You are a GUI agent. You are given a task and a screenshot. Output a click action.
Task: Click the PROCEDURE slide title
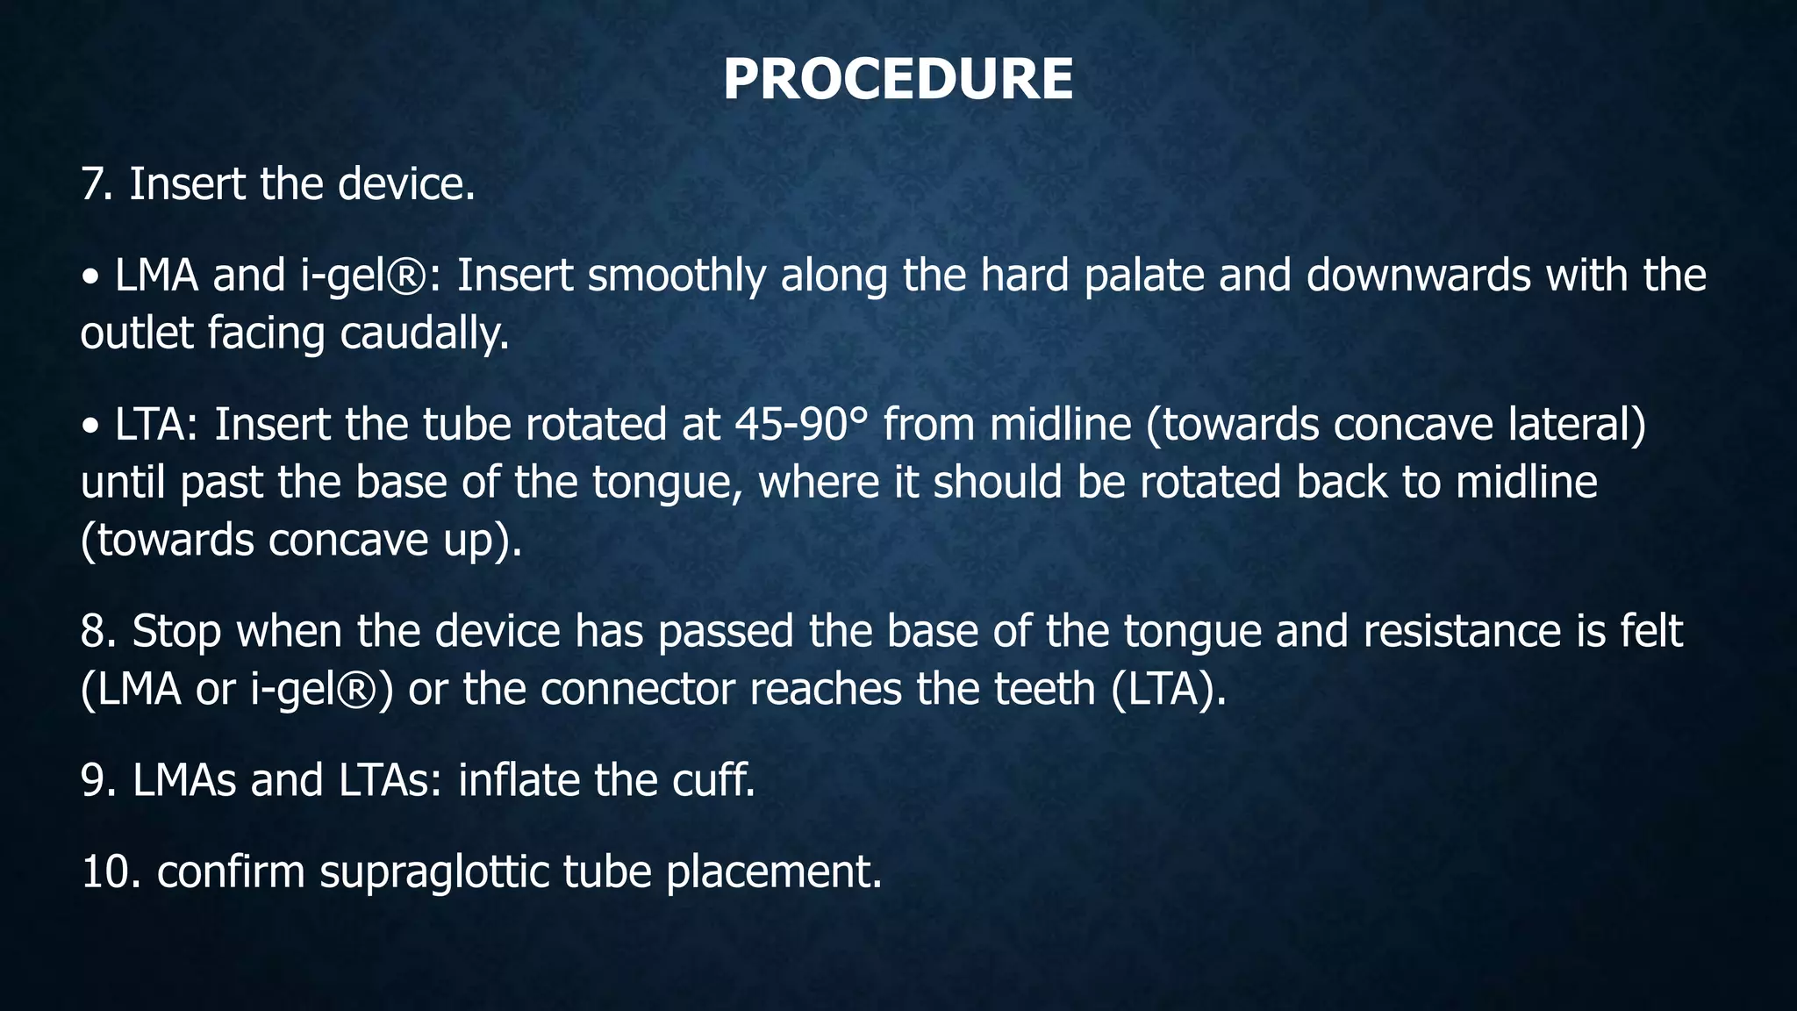898,79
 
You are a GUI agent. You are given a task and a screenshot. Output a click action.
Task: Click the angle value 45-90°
800,425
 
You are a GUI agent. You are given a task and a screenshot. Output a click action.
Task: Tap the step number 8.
95,632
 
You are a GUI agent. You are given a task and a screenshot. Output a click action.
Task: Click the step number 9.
95,781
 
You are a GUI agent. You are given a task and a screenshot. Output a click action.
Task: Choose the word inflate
518,781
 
